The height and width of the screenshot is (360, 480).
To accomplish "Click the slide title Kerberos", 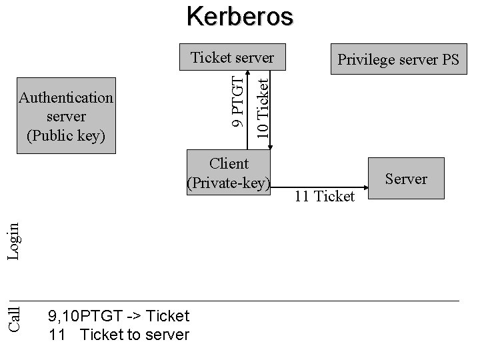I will (239, 16).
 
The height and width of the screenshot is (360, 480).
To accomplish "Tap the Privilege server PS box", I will (398, 59).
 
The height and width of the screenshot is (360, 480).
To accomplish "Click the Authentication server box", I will (66, 116).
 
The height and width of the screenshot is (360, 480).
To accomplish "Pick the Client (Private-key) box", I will (229, 173).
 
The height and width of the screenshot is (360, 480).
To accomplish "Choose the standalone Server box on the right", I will (406, 179).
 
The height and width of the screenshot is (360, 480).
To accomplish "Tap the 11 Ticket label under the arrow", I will (325, 196).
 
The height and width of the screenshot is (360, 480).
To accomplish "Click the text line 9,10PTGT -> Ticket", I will (119, 315).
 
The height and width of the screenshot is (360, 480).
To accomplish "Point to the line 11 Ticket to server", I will (119, 335).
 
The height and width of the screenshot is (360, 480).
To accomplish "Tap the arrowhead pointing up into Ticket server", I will (247, 72).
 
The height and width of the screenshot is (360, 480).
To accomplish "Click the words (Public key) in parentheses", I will (66, 135).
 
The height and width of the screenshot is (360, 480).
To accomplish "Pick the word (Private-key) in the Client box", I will (229, 183).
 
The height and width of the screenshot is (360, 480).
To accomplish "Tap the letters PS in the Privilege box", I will (450, 59).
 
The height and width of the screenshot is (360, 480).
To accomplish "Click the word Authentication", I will (66, 97).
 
